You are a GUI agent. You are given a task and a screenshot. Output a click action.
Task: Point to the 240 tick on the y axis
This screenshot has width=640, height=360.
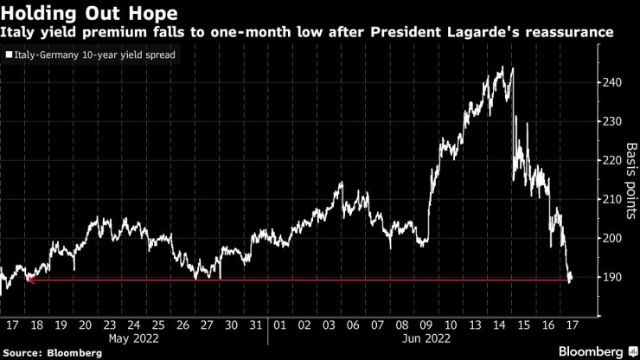[x=611, y=82]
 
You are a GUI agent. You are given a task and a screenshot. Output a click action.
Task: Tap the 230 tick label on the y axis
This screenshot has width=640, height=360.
[x=611, y=121]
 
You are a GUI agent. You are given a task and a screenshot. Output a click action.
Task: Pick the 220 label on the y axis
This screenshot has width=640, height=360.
[x=611, y=160]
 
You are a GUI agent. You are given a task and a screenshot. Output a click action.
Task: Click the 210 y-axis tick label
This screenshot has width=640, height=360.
[x=611, y=199]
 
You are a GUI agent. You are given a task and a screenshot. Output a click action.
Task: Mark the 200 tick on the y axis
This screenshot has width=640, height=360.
[x=611, y=238]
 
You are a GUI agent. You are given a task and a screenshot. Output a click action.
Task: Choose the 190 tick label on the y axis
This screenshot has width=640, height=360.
[x=611, y=277]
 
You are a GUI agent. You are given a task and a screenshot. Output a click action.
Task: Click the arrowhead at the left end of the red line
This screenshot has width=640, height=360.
[x=30, y=280]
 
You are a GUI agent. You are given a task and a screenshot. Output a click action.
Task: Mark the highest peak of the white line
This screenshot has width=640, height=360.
[x=502, y=67]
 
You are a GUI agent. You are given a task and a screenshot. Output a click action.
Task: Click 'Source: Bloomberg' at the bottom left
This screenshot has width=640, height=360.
[x=42, y=352]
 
